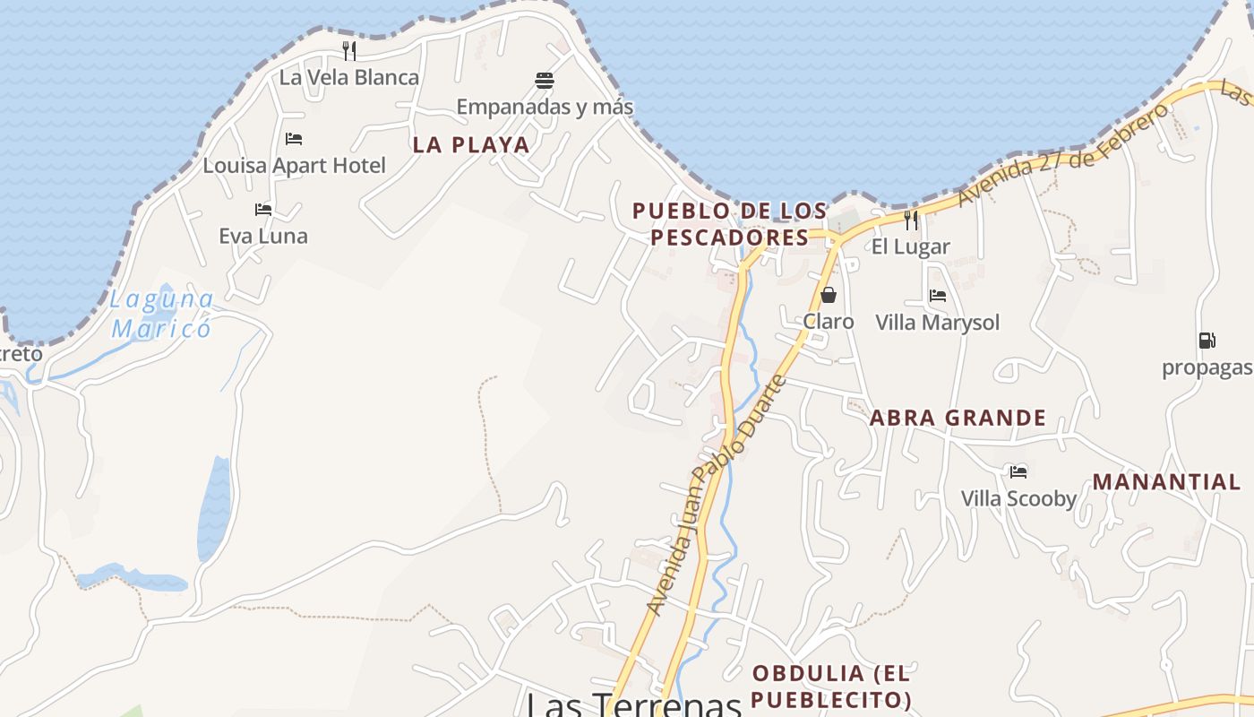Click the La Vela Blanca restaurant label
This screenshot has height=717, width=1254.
click(349, 77)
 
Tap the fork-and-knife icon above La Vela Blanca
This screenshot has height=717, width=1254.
click(349, 50)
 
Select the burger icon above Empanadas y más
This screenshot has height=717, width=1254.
click(545, 81)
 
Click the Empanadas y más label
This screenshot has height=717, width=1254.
click(545, 107)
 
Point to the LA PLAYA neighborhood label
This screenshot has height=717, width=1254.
click(471, 144)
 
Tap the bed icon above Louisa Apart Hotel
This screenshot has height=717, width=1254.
click(294, 139)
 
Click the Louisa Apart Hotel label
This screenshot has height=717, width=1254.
click(294, 165)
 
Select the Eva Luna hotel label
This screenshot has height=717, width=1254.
click(263, 236)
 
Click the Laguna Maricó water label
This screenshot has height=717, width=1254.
click(162, 314)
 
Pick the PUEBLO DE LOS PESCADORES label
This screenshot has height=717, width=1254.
click(730, 224)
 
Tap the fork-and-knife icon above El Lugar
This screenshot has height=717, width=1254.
click(911, 220)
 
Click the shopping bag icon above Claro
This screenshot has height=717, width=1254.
click(829, 295)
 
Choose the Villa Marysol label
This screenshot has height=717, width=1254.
click(937, 322)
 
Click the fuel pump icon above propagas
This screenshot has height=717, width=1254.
click(1207, 341)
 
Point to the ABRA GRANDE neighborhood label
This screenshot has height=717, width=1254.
click(958, 418)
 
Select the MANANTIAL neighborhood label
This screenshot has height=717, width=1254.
click(1166, 481)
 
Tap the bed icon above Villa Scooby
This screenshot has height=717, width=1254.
click(1018, 471)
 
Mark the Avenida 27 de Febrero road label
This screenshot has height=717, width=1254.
click(1063, 154)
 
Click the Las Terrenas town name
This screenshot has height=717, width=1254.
click(633, 704)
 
